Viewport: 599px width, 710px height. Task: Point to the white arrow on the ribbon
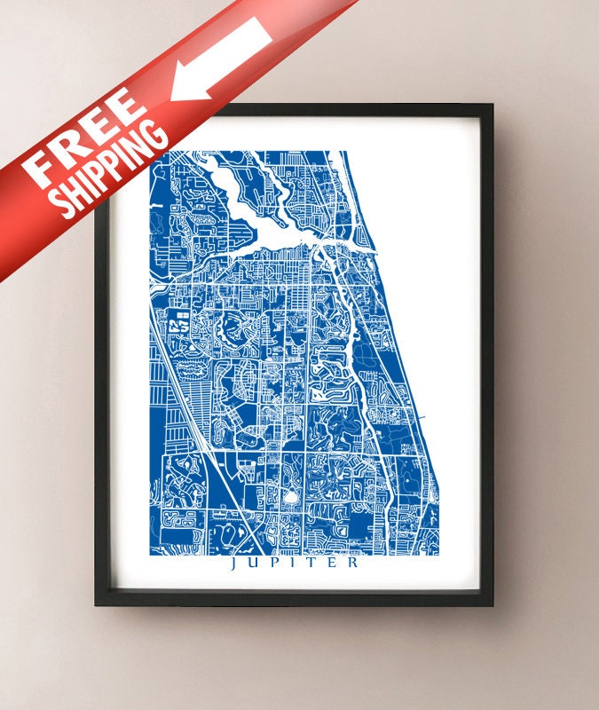tap(222, 59)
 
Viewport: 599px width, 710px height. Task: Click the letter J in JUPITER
tap(234, 563)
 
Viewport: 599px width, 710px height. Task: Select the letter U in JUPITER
tap(255, 563)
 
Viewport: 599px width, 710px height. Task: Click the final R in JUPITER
tap(353, 563)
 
